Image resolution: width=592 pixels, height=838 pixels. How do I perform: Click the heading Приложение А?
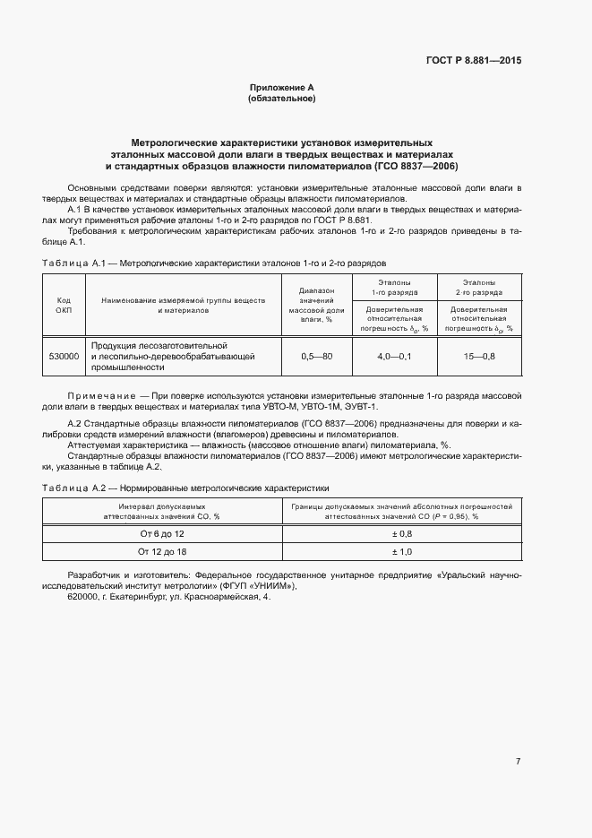[x=281, y=87]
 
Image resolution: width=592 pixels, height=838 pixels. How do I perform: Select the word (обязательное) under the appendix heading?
[x=281, y=99]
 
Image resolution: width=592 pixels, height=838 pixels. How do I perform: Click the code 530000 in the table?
[x=64, y=356]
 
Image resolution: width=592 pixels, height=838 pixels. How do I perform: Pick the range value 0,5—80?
[x=316, y=356]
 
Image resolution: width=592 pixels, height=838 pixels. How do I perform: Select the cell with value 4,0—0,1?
[x=394, y=356]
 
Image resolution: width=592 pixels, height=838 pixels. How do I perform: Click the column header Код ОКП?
[x=64, y=305]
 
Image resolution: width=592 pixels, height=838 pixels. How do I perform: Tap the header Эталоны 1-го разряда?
[x=394, y=287]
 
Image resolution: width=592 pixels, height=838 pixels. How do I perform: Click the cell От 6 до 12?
[x=161, y=532]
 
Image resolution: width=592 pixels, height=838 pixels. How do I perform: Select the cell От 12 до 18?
[x=161, y=551]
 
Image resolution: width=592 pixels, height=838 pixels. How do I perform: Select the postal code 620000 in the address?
[x=83, y=597]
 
